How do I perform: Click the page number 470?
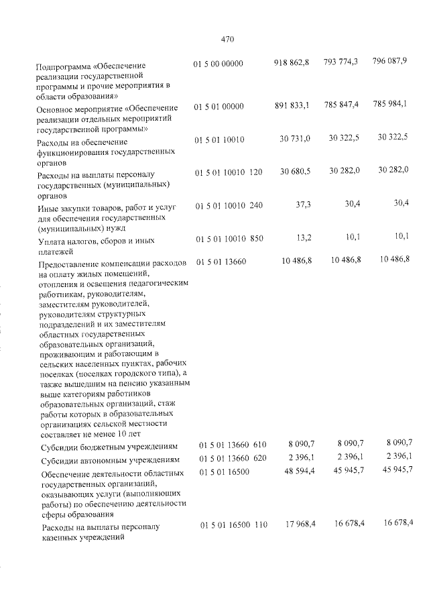click(227, 40)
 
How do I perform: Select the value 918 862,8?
click(291, 62)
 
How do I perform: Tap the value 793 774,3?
click(341, 62)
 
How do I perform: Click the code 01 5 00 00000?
click(218, 64)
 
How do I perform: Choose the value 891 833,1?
click(291, 105)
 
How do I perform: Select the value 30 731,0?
click(294, 138)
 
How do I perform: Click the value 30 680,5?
click(294, 172)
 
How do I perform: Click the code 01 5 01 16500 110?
click(233, 525)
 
